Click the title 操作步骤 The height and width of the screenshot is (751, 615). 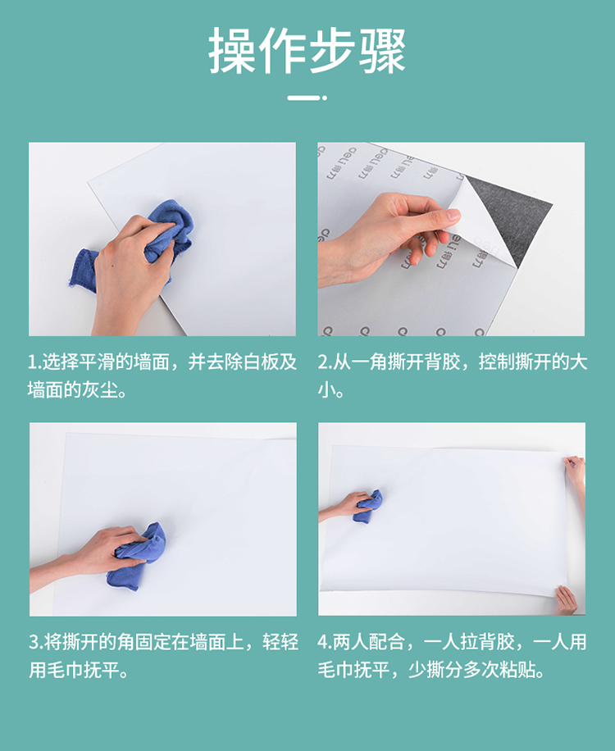(x=307, y=50)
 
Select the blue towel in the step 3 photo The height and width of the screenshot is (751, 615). (x=139, y=556)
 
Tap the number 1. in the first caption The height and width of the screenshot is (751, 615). (x=34, y=362)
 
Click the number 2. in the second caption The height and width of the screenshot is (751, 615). (x=324, y=362)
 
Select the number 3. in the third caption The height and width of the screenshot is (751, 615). (x=36, y=642)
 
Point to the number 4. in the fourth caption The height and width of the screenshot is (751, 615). (x=324, y=642)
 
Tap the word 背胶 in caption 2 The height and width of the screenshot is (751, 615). (x=442, y=362)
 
